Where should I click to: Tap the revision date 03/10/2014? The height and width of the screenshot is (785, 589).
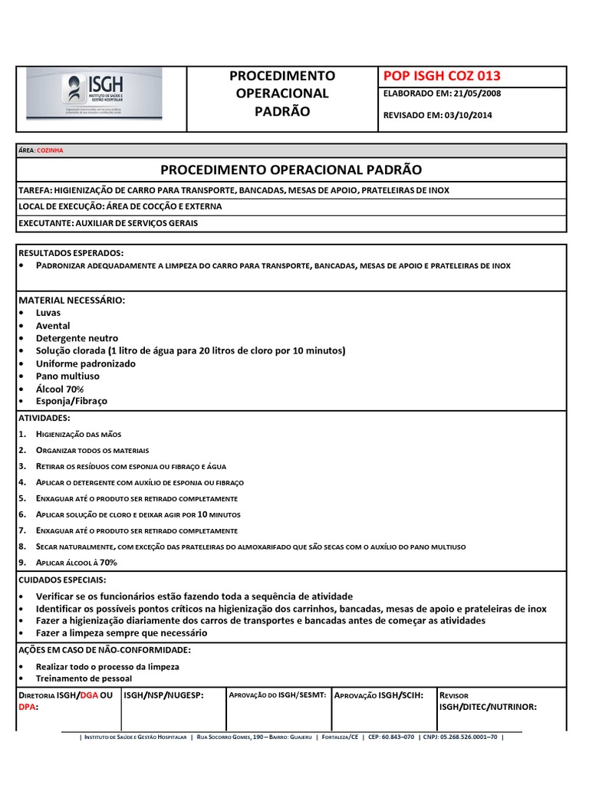(x=465, y=115)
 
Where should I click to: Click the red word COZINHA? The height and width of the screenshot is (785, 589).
(x=51, y=150)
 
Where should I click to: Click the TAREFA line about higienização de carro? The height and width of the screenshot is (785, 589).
(x=233, y=189)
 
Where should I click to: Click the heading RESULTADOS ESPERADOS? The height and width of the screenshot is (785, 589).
(x=70, y=253)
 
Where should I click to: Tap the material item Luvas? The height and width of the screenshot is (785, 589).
(x=48, y=313)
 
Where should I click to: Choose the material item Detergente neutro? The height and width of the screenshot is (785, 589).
(x=77, y=338)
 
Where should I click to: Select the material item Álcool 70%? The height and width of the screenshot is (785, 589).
(x=60, y=389)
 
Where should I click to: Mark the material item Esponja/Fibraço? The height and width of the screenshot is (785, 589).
(x=71, y=401)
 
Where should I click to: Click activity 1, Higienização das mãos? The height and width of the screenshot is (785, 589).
(x=78, y=434)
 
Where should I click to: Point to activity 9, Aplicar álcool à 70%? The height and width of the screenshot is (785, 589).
(x=76, y=562)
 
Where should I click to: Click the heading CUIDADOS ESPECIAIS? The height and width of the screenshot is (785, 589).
(x=62, y=580)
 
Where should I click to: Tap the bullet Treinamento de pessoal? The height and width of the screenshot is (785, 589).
(x=84, y=678)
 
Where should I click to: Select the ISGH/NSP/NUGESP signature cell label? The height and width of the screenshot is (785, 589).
(x=163, y=695)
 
